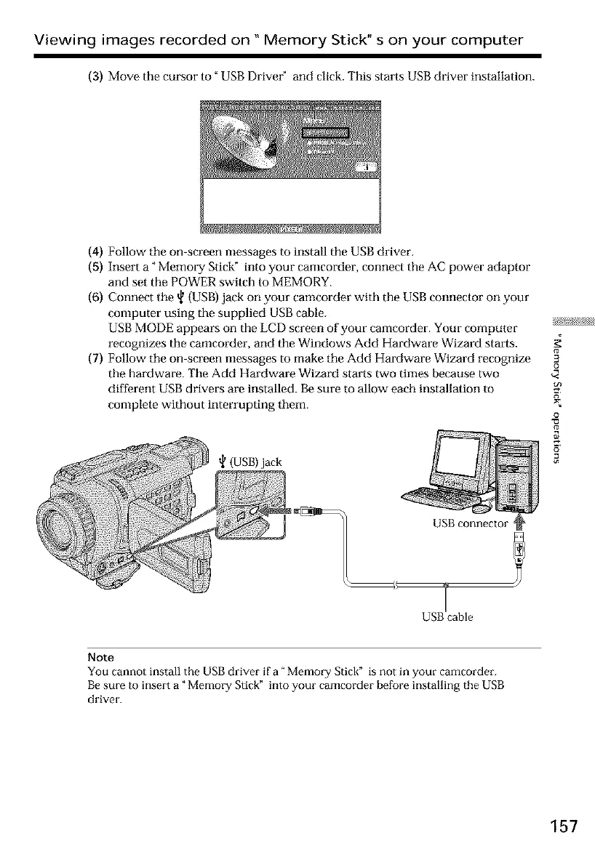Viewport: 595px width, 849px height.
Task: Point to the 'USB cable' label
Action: (447, 617)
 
